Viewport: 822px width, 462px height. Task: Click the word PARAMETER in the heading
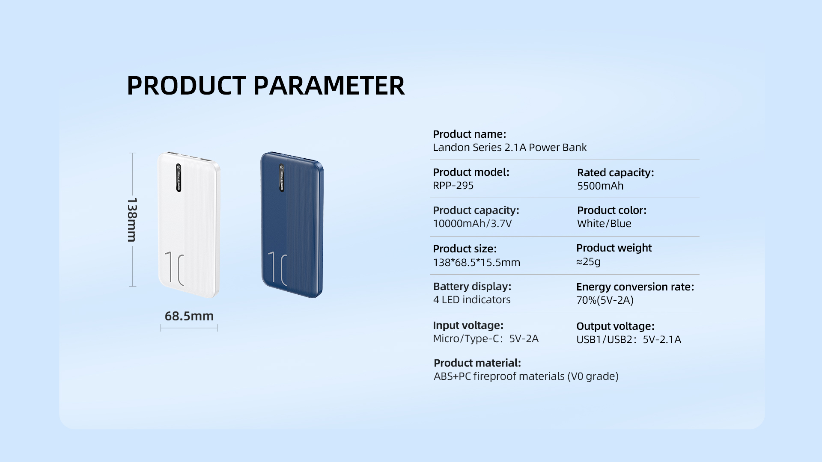(x=329, y=86)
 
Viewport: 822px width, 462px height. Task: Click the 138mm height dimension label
(x=132, y=219)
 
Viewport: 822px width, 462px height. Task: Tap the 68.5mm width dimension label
(x=189, y=316)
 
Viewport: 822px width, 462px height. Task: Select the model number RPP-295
(x=453, y=186)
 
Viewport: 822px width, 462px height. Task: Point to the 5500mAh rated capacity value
(x=600, y=186)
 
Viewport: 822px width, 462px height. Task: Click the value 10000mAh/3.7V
(x=472, y=224)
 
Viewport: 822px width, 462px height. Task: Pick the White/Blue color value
(x=604, y=224)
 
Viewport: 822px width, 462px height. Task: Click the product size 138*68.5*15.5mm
(x=477, y=262)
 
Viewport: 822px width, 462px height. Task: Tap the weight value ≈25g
(x=588, y=262)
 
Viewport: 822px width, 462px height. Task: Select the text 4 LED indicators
(x=472, y=300)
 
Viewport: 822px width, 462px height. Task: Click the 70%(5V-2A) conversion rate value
(x=605, y=300)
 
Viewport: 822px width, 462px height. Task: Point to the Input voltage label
(x=468, y=326)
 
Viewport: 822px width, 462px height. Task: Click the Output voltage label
(x=615, y=326)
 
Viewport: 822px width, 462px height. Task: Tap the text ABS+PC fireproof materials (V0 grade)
(x=526, y=376)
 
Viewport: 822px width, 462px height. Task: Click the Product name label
(x=469, y=134)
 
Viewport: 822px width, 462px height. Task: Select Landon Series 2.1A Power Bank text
(x=509, y=148)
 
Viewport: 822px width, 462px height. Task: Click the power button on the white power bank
(x=179, y=167)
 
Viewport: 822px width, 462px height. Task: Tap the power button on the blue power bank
(x=282, y=167)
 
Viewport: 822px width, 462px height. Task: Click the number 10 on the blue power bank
(x=277, y=268)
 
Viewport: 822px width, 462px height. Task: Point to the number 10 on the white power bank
(x=174, y=269)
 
